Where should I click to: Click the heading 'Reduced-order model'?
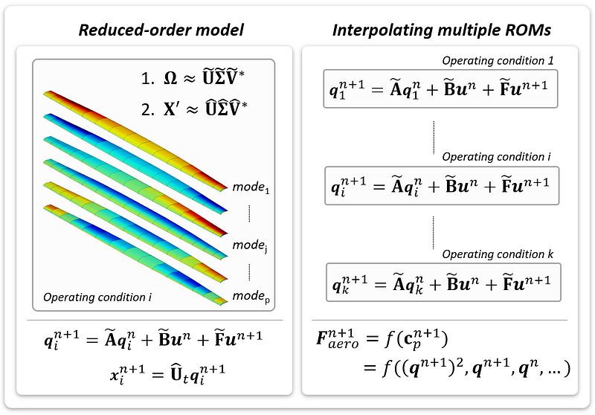pyautogui.click(x=161, y=30)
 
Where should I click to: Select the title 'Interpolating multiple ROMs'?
pyautogui.click(x=442, y=30)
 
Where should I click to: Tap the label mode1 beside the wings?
pyautogui.click(x=251, y=187)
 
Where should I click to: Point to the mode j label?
pyautogui.click(x=250, y=245)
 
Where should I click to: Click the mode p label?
pyautogui.click(x=251, y=296)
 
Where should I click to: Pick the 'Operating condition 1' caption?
pyautogui.click(x=498, y=61)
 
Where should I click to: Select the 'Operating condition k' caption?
pyautogui.click(x=498, y=254)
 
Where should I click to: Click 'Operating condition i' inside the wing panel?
pyautogui.click(x=97, y=297)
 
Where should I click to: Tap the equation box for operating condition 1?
pyautogui.click(x=440, y=89)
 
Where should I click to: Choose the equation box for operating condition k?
pyautogui.click(x=443, y=283)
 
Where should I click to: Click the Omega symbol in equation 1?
pyautogui.click(x=170, y=78)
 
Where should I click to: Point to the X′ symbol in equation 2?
pyautogui.click(x=171, y=109)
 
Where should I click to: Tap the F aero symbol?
pyautogui.click(x=338, y=338)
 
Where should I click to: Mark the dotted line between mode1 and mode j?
pyautogui.click(x=249, y=213)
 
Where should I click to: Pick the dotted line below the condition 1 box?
pyautogui.click(x=434, y=138)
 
